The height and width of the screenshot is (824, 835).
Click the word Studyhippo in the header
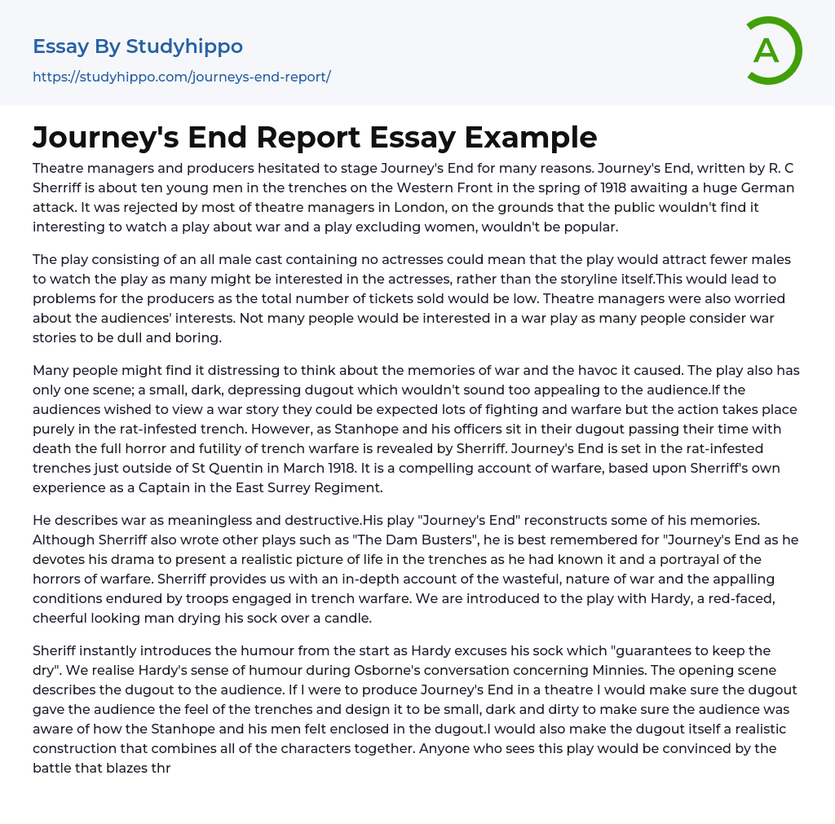pyautogui.click(x=184, y=46)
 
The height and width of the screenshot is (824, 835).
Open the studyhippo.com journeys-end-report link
pyautogui.click(x=181, y=77)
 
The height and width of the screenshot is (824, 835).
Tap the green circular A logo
pyautogui.click(x=768, y=51)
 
